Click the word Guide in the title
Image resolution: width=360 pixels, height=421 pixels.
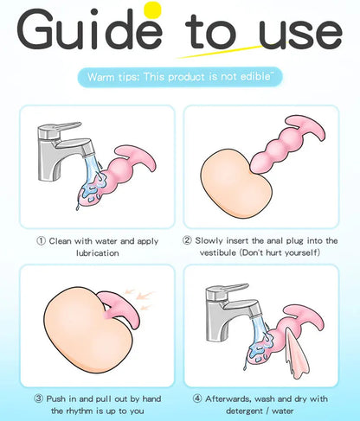pos(89,29)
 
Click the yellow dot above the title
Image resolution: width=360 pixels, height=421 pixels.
pos(152,10)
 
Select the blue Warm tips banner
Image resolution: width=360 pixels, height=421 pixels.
pos(180,77)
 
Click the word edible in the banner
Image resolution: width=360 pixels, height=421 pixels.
pos(255,76)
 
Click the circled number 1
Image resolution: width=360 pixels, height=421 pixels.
pos(41,240)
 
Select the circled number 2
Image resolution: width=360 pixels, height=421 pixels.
pos(187,240)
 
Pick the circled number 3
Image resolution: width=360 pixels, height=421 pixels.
pos(39,399)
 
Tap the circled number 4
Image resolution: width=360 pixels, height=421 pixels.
pos(197,399)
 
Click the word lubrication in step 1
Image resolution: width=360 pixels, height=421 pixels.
pos(98,253)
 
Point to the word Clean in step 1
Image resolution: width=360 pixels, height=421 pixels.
pos(60,240)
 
